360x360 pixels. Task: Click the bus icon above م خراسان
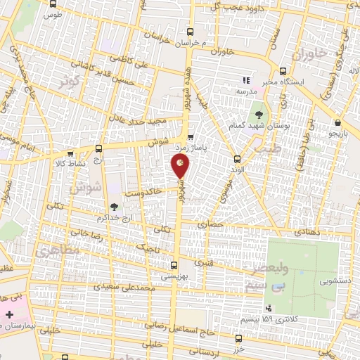190,32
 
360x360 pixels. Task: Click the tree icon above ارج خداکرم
113,206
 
